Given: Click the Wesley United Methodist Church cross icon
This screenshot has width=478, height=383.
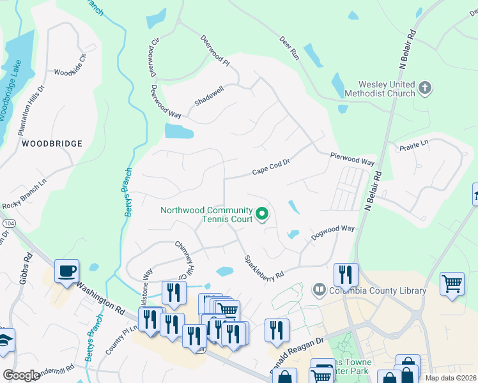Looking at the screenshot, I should pyautogui.click(x=426, y=87).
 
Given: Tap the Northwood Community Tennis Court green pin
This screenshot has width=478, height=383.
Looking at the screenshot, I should pyautogui.click(x=261, y=214).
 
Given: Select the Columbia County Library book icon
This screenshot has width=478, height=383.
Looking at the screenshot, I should pyautogui.click(x=319, y=290).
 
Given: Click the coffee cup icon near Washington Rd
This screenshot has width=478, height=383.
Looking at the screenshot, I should pyautogui.click(x=67, y=271).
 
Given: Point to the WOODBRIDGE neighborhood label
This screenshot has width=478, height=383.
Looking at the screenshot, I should pyautogui.click(x=52, y=144).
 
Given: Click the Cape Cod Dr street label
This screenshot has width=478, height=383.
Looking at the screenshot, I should pyautogui.click(x=271, y=167).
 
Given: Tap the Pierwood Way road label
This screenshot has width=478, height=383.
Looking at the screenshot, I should pyautogui.click(x=352, y=159).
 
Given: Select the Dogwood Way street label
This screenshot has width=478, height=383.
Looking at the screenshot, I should pyautogui.click(x=332, y=232).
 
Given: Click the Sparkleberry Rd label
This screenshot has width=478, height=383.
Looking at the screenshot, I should pyautogui.click(x=263, y=267).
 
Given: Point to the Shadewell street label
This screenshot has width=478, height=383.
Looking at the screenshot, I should pyautogui.click(x=210, y=97).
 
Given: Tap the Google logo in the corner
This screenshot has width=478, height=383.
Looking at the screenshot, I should pyautogui.click(x=21, y=375).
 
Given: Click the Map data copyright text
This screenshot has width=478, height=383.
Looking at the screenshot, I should pyautogui.click(x=451, y=378).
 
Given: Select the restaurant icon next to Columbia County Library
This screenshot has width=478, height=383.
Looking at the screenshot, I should pyautogui.click(x=346, y=274).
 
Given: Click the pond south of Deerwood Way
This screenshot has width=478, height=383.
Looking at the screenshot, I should pyautogui.click(x=179, y=131).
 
